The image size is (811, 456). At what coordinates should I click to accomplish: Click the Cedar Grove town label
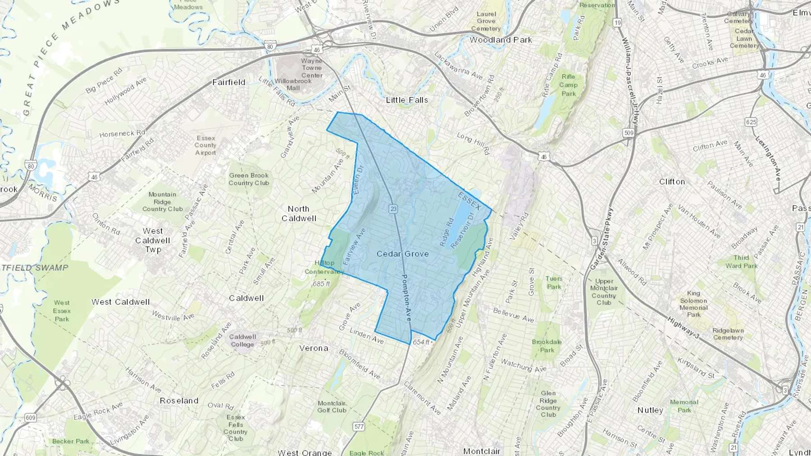(x=402, y=254)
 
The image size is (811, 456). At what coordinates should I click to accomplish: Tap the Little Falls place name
(x=407, y=100)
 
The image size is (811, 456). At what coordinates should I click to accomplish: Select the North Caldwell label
(x=299, y=214)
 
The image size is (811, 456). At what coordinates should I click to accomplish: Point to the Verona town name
(x=314, y=348)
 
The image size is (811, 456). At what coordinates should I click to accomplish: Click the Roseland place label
(x=179, y=401)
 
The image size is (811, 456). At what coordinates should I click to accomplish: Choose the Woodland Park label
(x=501, y=40)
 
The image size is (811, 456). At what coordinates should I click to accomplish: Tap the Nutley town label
(x=650, y=410)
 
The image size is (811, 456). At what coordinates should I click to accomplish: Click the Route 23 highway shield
(x=393, y=208)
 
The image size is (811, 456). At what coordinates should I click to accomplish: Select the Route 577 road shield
(x=359, y=426)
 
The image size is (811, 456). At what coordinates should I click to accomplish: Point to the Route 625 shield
(x=751, y=122)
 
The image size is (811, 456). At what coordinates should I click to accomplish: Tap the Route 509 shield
(x=629, y=132)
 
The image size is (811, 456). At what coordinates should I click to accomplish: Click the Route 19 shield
(x=617, y=23)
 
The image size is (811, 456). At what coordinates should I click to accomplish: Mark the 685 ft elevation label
(x=322, y=284)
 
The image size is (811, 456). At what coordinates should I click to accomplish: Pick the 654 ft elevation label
(x=421, y=342)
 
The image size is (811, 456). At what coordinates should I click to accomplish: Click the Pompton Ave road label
(x=406, y=298)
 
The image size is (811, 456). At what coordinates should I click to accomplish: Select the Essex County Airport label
(x=205, y=145)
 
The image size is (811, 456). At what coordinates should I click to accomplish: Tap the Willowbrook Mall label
(x=293, y=85)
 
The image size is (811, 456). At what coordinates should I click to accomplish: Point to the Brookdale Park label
(x=547, y=346)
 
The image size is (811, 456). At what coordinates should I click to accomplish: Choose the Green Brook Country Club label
(x=249, y=179)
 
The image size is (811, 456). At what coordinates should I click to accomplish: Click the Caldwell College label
(x=242, y=340)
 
